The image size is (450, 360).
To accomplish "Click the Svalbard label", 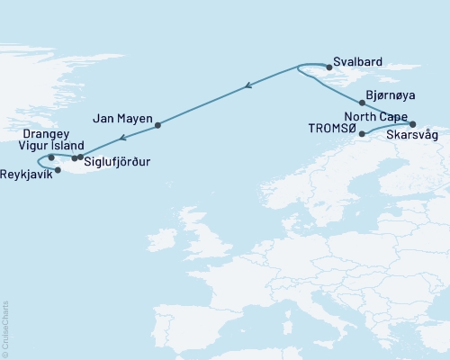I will [x=358, y=62].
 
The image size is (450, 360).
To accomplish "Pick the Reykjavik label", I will [x=26, y=173].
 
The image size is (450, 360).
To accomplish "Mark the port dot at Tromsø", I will [x=362, y=135].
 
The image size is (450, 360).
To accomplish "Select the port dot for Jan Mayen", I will [x=157, y=125].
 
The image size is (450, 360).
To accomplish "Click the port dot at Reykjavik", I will [x=58, y=170].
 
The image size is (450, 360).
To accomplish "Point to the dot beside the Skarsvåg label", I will [x=413, y=124].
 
